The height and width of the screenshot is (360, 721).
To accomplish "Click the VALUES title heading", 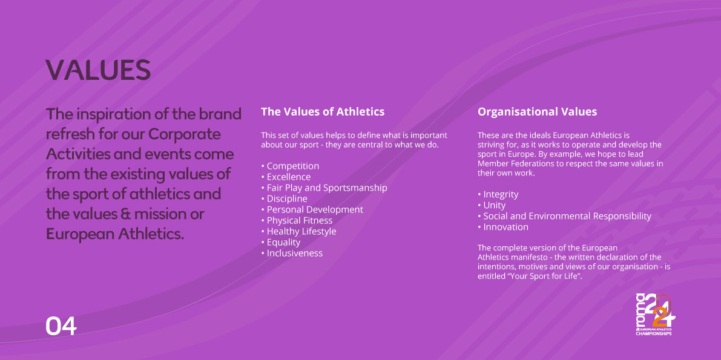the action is pyautogui.click(x=98, y=70).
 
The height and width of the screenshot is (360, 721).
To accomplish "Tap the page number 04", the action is pyautogui.click(x=61, y=326).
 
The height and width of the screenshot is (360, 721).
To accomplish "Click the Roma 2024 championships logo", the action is pyautogui.click(x=655, y=315).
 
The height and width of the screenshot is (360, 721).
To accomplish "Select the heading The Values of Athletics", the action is pyautogui.click(x=323, y=111).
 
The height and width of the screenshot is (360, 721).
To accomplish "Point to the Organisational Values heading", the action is pyautogui.click(x=537, y=111).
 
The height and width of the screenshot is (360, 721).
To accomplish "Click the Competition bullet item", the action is pyautogui.click(x=290, y=166).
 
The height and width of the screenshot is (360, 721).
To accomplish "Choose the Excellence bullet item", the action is pyautogui.click(x=286, y=177).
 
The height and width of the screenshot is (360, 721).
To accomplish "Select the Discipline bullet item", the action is pyautogui.click(x=284, y=198).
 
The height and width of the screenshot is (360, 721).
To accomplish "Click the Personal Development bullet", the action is pyautogui.click(x=312, y=210).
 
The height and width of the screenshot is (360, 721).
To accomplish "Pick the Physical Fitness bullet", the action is pyautogui.click(x=297, y=221).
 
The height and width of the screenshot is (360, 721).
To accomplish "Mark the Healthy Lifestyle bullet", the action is pyautogui.click(x=298, y=231).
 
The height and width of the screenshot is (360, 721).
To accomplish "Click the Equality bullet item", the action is pyautogui.click(x=280, y=242).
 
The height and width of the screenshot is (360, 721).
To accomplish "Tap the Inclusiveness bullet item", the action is pyautogui.click(x=292, y=254).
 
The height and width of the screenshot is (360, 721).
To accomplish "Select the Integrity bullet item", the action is pyautogui.click(x=498, y=194).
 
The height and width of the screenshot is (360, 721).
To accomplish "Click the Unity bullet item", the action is pyautogui.click(x=492, y=205).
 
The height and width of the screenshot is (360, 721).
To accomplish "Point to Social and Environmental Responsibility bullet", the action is pyautogui.click(x=564, y=216).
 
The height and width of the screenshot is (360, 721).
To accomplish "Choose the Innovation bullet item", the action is pyautogui.click(x=503, y=227).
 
